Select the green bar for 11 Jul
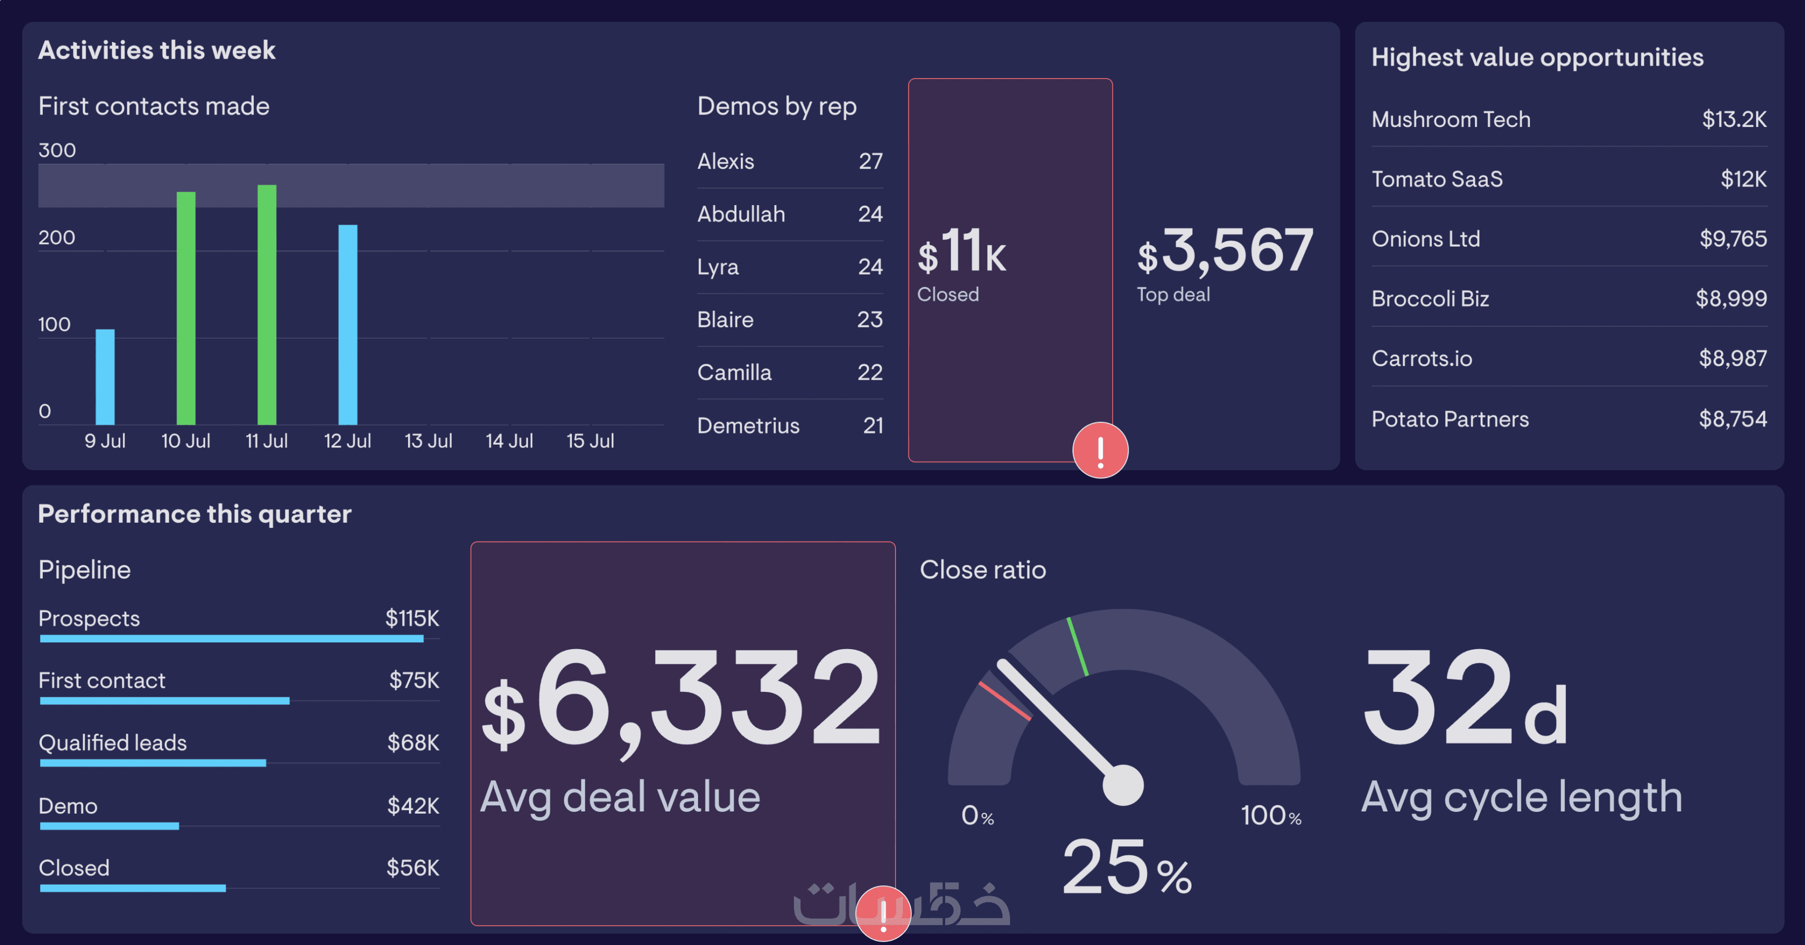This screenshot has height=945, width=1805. click(x=267, y=304)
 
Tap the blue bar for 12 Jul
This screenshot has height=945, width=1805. click(x=347, y=324)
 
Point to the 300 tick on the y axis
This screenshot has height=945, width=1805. click(x=57, y=150)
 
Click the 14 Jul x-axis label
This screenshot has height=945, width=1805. click(x=510, y=441)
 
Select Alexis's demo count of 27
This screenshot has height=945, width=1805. click(x=870, y=161)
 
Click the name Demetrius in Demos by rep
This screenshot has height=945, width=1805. click(x=748, y=426)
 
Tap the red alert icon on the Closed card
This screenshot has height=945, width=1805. click(x=1100, y=450)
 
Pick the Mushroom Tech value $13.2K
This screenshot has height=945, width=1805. click(x=1734, y=119)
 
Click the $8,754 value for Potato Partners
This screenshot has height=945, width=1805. click(x=1732, y=419)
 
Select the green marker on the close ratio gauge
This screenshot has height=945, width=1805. click(x=1077, y=646)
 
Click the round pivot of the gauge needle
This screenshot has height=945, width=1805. click(x=1122, y=785)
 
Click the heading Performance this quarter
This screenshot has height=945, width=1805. click(x=194, y=514)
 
